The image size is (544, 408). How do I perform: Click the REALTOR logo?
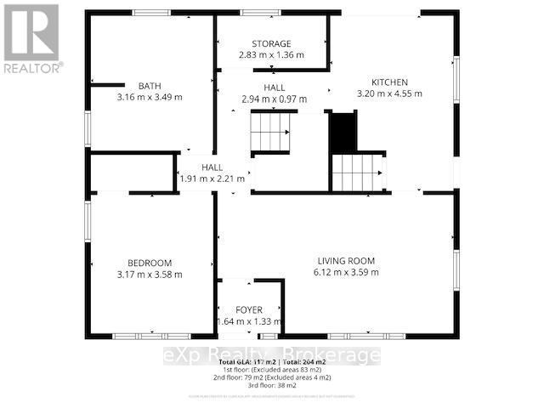(x=31, y=37)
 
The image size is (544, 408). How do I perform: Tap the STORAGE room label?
(x=271, y=44)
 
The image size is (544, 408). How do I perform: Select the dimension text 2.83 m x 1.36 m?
(x=271, y=55)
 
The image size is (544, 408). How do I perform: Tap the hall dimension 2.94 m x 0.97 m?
(x=273, y=99)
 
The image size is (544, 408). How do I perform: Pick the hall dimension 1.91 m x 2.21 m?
(x=212, y=178)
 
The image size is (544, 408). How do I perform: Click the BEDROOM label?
(x=150, y=263)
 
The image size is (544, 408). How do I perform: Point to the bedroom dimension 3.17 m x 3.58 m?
(x=150, y=274)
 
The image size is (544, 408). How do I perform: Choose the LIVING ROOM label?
(x=346, y=261)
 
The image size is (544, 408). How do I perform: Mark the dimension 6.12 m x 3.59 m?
(x=346, y=272)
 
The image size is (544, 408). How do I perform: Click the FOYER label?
(x=249, y=310)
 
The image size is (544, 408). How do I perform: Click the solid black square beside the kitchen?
(x=343, y=131)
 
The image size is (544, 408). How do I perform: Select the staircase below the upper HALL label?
(x=269, y=133)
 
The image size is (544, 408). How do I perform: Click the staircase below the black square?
(x=357, y=173)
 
